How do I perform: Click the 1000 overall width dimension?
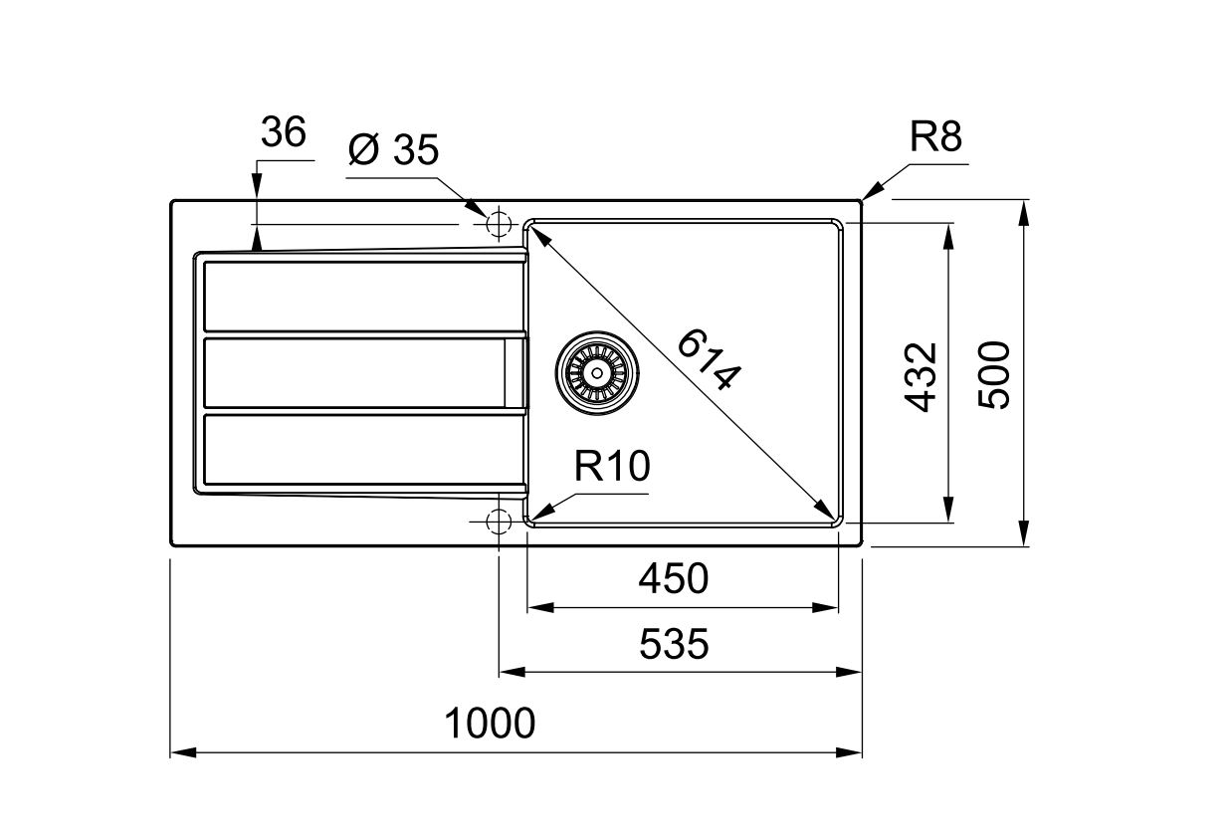click(490, 724)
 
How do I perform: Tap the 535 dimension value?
click(674, 644)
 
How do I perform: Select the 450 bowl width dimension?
click(673, 578)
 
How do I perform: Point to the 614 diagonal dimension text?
click(709, 359)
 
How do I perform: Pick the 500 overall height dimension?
click(994, 375)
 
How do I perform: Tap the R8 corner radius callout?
click(935, 136)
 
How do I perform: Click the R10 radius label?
click(612, 466)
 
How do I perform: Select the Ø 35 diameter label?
click(394, 149)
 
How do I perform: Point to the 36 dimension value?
click(283, 131)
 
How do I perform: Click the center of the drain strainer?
click(597, 373)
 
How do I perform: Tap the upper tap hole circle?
click(499, 224)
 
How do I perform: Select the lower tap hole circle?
click(499, 521)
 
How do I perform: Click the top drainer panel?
click(364, 297)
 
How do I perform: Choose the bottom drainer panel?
click(364, 450)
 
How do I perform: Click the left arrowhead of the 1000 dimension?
click(183, 752)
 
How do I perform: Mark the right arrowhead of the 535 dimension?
click(849, 672)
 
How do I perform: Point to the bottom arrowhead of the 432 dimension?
click(947, 509)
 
